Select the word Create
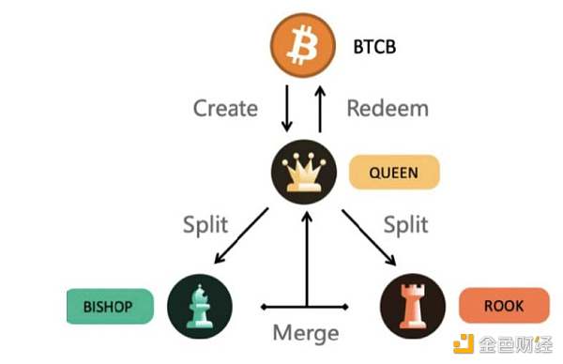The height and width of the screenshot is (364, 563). coord(225,108)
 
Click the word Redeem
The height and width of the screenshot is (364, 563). coord(388,108)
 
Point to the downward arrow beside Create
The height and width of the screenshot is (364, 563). coord(286,108)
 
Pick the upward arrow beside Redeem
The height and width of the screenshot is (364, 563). coord(319,108)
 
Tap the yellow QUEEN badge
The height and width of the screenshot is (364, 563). coord(395,174)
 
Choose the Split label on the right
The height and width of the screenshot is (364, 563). coord(405,224)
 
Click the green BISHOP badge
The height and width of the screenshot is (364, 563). coord(110,307)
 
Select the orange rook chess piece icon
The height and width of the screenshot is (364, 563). coord(411,307)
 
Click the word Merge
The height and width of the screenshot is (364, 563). coord(305,333)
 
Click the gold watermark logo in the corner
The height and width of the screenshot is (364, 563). coord(464,345)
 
